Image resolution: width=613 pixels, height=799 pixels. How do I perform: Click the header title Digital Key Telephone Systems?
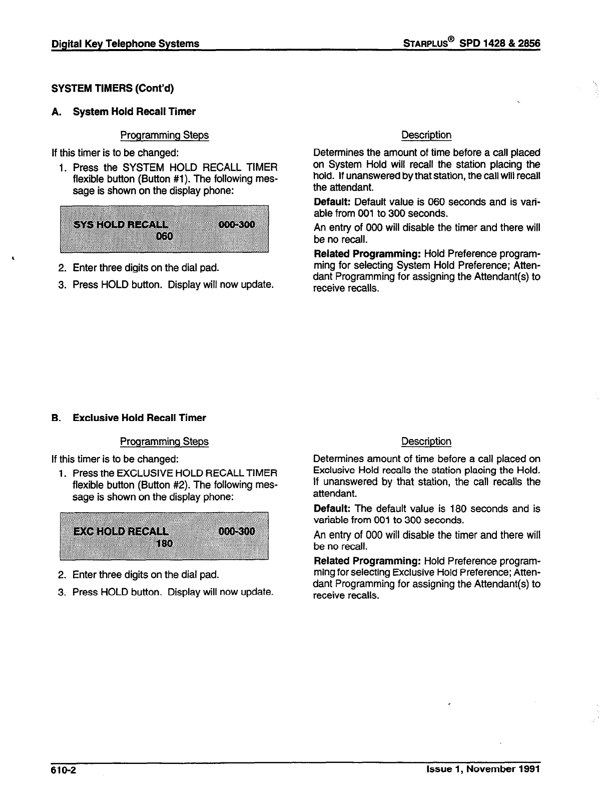(x=126, y=44)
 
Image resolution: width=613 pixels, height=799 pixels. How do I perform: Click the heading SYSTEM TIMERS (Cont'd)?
(x=113, y=89)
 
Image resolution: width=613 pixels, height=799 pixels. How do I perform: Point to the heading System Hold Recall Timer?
(x=134, y=111)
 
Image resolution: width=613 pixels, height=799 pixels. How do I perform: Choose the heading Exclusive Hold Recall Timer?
(x=139, y=418)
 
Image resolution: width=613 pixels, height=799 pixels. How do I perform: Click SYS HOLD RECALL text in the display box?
(x=121, y=224)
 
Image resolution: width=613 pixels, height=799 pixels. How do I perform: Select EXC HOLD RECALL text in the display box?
(x=121, y=531)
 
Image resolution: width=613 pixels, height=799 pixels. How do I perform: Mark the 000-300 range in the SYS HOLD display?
(x=237, y=224)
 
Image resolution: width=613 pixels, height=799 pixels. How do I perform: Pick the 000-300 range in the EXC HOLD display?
(x=237, y=531)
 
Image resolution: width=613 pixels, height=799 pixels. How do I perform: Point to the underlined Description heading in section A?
(x=426, y=135)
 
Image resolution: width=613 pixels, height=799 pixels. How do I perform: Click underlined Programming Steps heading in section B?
(x=164, y=442)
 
